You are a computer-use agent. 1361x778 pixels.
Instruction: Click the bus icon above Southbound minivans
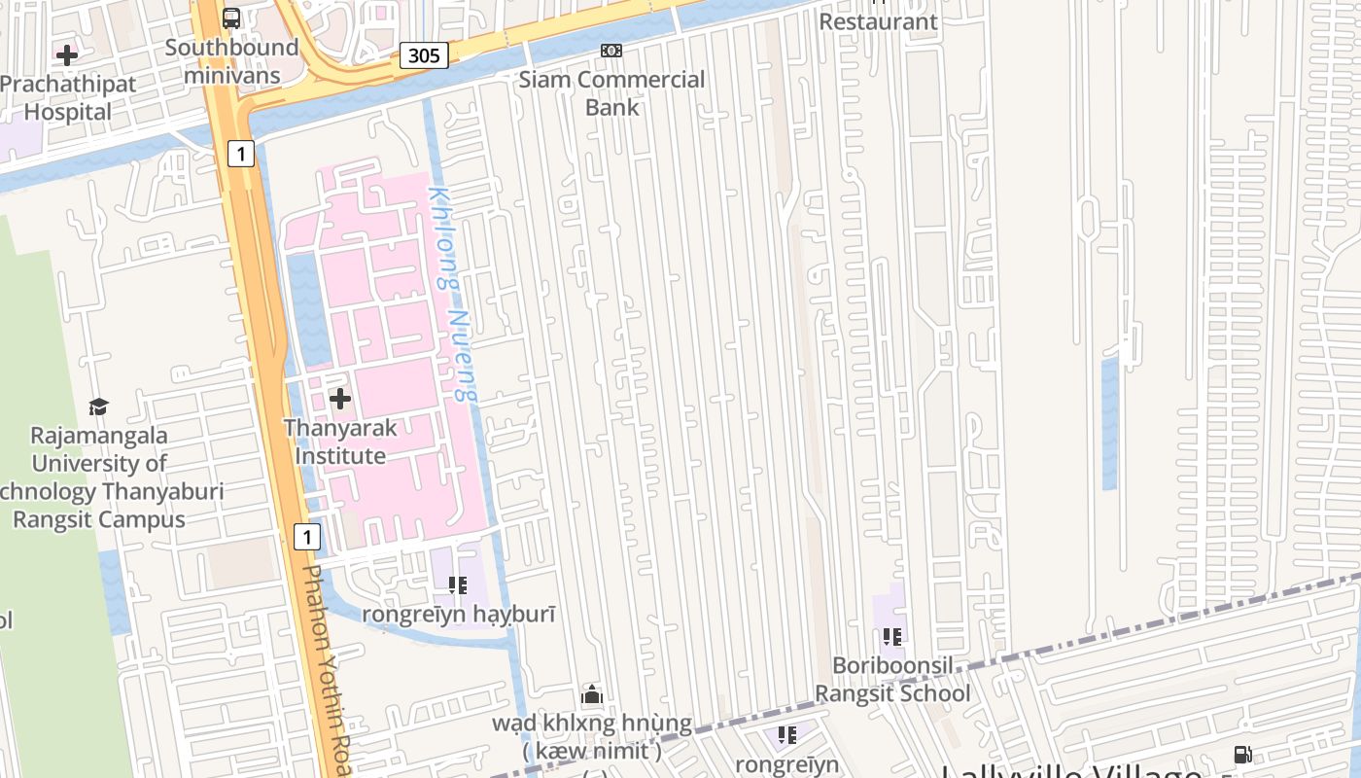[x=231, y=18]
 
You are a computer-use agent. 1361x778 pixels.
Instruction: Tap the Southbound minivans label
[x=231, y=61]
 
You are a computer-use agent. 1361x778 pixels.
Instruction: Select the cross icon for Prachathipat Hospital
[x=67, y=55]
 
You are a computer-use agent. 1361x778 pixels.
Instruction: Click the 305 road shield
[x=424, y=55]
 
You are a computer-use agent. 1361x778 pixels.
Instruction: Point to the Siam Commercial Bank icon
[x=611, y=51]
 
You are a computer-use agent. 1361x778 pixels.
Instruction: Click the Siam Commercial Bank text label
[x=611, y=93]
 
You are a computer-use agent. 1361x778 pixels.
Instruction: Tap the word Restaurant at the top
[x=878, y=21]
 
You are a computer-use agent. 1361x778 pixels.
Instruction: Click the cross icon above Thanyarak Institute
[x=340, y=399]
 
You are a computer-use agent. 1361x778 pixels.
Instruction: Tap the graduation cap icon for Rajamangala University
[x=98, y=407]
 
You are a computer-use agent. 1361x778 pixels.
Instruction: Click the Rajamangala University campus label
[x=99, y=477]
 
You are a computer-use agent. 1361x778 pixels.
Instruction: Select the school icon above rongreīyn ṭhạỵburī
[x=458, y=585]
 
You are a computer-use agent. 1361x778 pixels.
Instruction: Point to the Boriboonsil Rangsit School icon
[x=892, y=638]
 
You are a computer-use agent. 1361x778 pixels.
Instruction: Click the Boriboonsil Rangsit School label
[x=892, y=680]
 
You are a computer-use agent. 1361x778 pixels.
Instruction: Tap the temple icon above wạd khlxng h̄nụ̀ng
[x=592, y=694]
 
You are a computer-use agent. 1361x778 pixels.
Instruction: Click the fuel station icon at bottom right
[x=1242, y=754]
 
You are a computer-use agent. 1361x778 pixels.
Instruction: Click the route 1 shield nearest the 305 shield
[x=241, y=153]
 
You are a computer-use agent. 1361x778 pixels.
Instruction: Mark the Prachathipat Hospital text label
[x=68, y=97]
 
